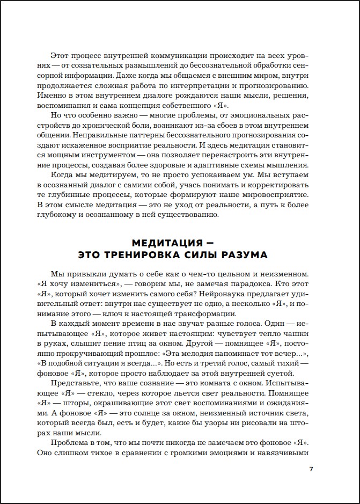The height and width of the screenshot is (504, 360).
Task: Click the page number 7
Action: [x=311, y=470]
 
